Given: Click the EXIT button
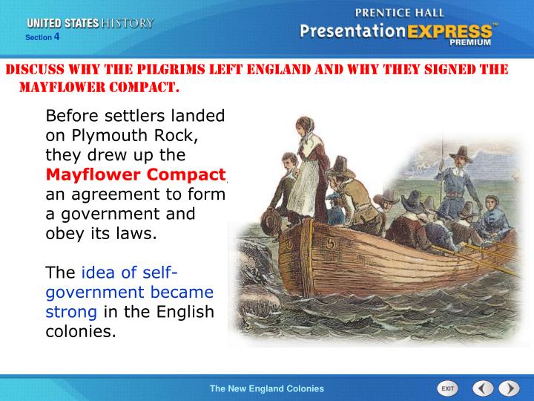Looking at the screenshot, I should click(447, 388).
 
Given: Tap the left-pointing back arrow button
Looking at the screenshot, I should click(483, 388).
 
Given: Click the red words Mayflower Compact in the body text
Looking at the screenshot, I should click(136, 175).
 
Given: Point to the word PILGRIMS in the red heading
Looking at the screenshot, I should click(170, 71).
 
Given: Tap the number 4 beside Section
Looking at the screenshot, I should click(56, 36).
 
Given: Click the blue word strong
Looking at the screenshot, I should click(70, 310).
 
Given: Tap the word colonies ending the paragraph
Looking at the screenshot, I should click(81, 330).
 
